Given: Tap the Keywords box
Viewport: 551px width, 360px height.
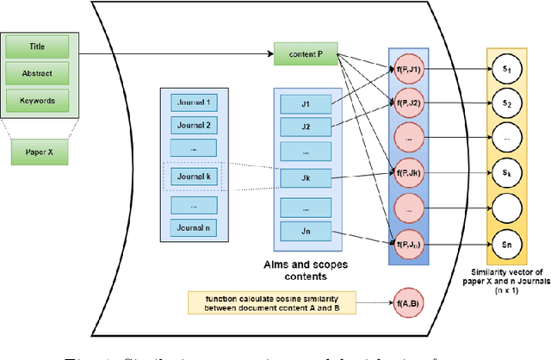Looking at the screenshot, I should tap(37, 100).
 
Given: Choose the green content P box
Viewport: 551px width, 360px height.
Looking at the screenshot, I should tap(303, 54).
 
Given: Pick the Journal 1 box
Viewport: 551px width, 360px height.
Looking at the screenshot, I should tap(193, 102).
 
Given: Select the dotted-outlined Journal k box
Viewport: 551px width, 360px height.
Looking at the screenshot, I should tap(193, 177).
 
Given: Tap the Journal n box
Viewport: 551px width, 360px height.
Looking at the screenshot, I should tap(193, 228).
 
